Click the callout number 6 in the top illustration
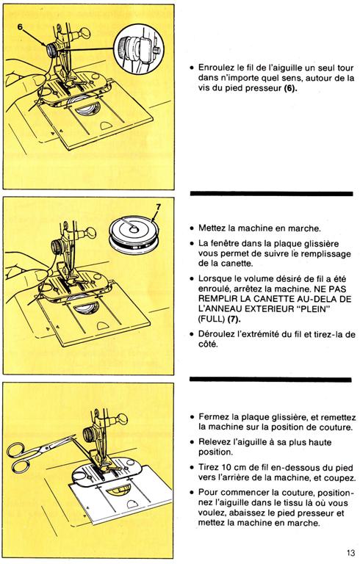(x=20, y=27)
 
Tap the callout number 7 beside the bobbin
(x=159, y=208)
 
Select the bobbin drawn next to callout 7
(x=134, y=236)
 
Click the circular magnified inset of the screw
(x=139, y=49)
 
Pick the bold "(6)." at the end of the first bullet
(x=290, y=88)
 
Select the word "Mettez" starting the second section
(x=212, y=228)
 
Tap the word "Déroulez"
(x=216, y=334)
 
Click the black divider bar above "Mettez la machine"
(x=271, y=194)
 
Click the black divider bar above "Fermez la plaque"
(x=270, y=380)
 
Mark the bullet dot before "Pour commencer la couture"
(x=192, y=493)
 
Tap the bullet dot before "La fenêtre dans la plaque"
(x=192, y=244)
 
